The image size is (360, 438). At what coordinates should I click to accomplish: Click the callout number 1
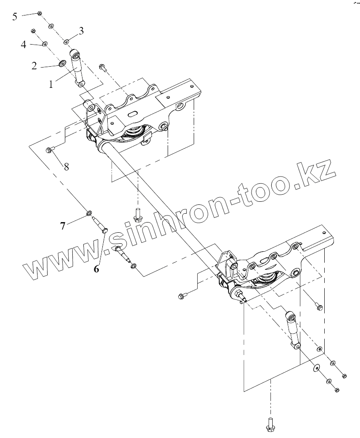click(51, 84)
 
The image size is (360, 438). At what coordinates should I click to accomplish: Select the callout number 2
click(34, 67)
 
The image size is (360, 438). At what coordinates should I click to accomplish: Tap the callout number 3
click(81, 30)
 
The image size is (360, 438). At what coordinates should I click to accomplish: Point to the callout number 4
click(24, 45)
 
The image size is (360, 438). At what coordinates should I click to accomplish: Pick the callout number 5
click(15, 16)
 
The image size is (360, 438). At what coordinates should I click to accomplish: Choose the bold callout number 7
click(63, 226)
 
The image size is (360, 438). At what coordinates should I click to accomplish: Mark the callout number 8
click(66, 166)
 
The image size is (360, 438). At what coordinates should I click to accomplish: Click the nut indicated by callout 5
click(39, 13)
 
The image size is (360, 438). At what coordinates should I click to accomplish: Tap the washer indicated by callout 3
click(66, 42)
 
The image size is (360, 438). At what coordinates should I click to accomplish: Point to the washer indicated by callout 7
click(89, 214)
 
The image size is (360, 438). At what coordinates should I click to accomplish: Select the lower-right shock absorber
click(293, 331)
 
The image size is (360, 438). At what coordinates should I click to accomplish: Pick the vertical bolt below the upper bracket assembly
click(137, 215)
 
